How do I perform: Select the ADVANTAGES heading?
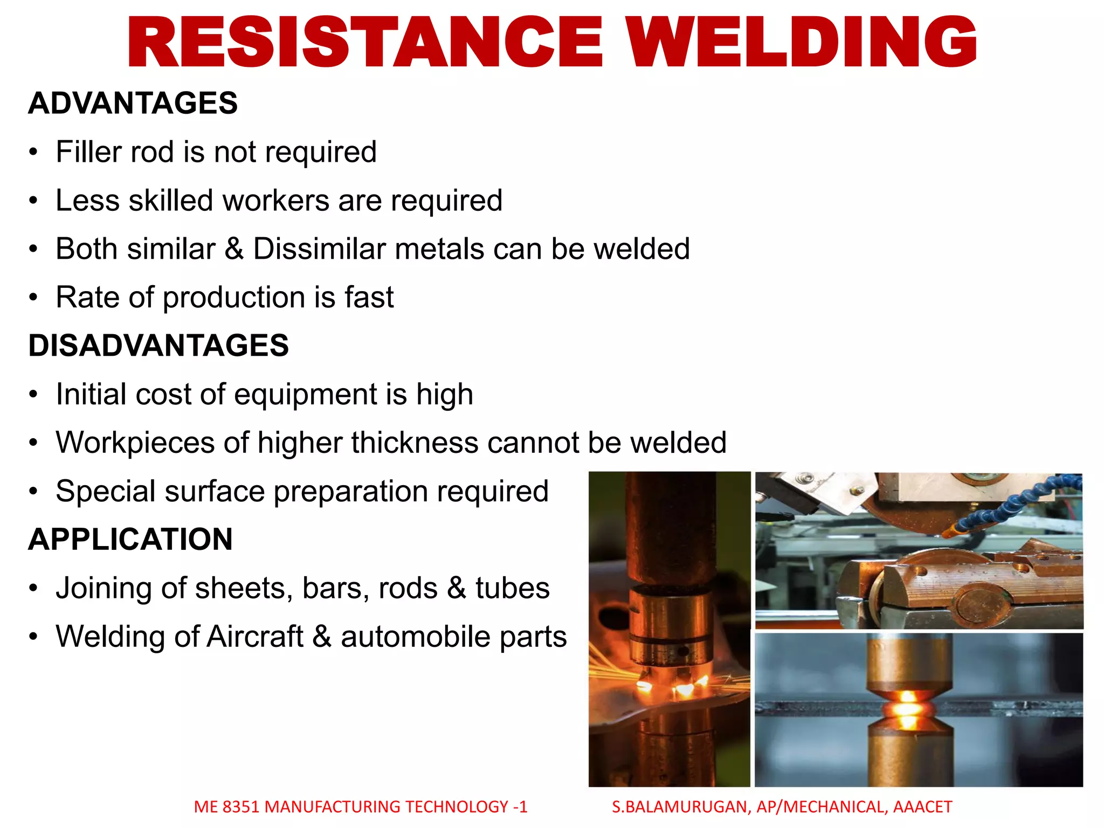tap(133, 103)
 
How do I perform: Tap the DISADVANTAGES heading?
tap(158, 346)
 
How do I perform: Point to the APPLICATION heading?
tap(130, 539)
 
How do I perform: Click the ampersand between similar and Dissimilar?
tap(234, 249)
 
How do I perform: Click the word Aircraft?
tap(255, 637)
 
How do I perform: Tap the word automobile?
tap(416, 637)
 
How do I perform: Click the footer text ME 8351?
tap(227, 807)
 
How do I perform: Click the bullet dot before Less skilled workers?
tap(34, 201)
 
